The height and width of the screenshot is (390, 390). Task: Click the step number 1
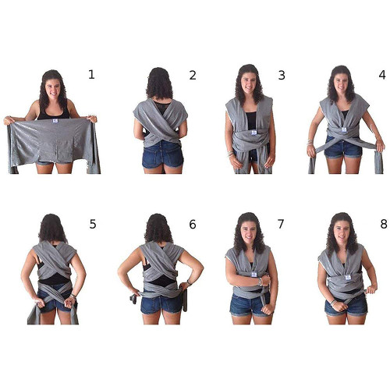pos(91,75)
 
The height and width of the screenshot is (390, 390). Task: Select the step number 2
pos(193,75)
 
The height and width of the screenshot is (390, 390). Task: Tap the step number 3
pos(282,75)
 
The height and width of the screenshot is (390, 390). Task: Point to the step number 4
pos(382,75)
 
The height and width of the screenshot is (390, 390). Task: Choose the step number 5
pos(93,224)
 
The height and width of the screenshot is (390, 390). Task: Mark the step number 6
pos(193,224)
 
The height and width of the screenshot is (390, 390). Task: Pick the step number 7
pos(281,224)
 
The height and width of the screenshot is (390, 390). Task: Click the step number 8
pos(384,224)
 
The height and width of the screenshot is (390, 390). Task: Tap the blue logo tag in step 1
pos(55,121)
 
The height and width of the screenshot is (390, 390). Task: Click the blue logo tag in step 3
pos(254,133)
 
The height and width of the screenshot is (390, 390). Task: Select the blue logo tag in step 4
pos(344,129)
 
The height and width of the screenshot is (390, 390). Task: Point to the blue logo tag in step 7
pos(254,274)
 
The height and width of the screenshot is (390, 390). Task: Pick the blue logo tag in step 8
pos(348,278)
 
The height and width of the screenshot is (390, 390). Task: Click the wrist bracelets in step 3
pos(230,154)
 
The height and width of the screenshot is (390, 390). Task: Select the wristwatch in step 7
pos(260,282)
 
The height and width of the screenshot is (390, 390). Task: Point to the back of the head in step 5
pos(52,228)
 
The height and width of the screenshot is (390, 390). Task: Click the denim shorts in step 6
pos(161,303)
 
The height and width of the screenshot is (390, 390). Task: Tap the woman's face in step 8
pos(342,232)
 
